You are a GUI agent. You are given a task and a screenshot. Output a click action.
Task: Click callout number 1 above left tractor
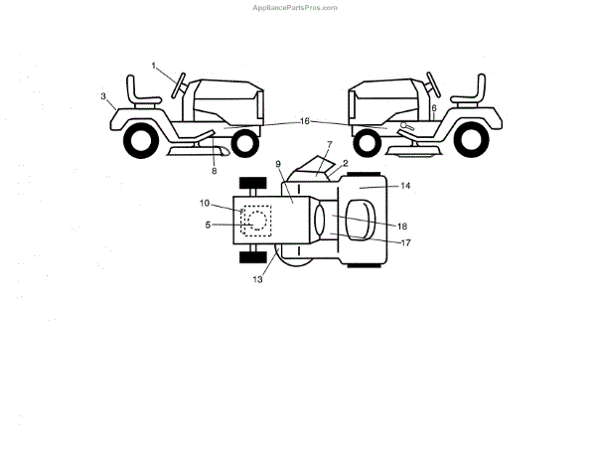(155, 66)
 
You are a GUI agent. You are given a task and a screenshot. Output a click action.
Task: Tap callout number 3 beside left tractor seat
(103, 96)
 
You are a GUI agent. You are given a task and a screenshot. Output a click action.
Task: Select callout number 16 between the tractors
(305, 121)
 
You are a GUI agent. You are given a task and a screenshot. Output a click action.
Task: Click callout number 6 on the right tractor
(434, 107)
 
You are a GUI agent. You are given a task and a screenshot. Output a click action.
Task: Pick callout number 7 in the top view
(329, 146)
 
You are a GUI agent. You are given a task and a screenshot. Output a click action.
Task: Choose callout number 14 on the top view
(378, 186)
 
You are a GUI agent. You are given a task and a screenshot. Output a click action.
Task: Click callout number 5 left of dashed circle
(208, 226)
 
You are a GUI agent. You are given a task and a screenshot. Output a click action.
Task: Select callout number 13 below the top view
(257, 280)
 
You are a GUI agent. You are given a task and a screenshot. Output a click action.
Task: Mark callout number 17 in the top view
(376, 241)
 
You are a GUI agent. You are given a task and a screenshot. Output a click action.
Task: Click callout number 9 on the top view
(279, 163)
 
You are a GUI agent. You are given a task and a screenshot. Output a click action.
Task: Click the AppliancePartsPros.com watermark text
(297, 7)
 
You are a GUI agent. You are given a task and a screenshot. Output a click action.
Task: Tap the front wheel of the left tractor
(243, 143)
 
